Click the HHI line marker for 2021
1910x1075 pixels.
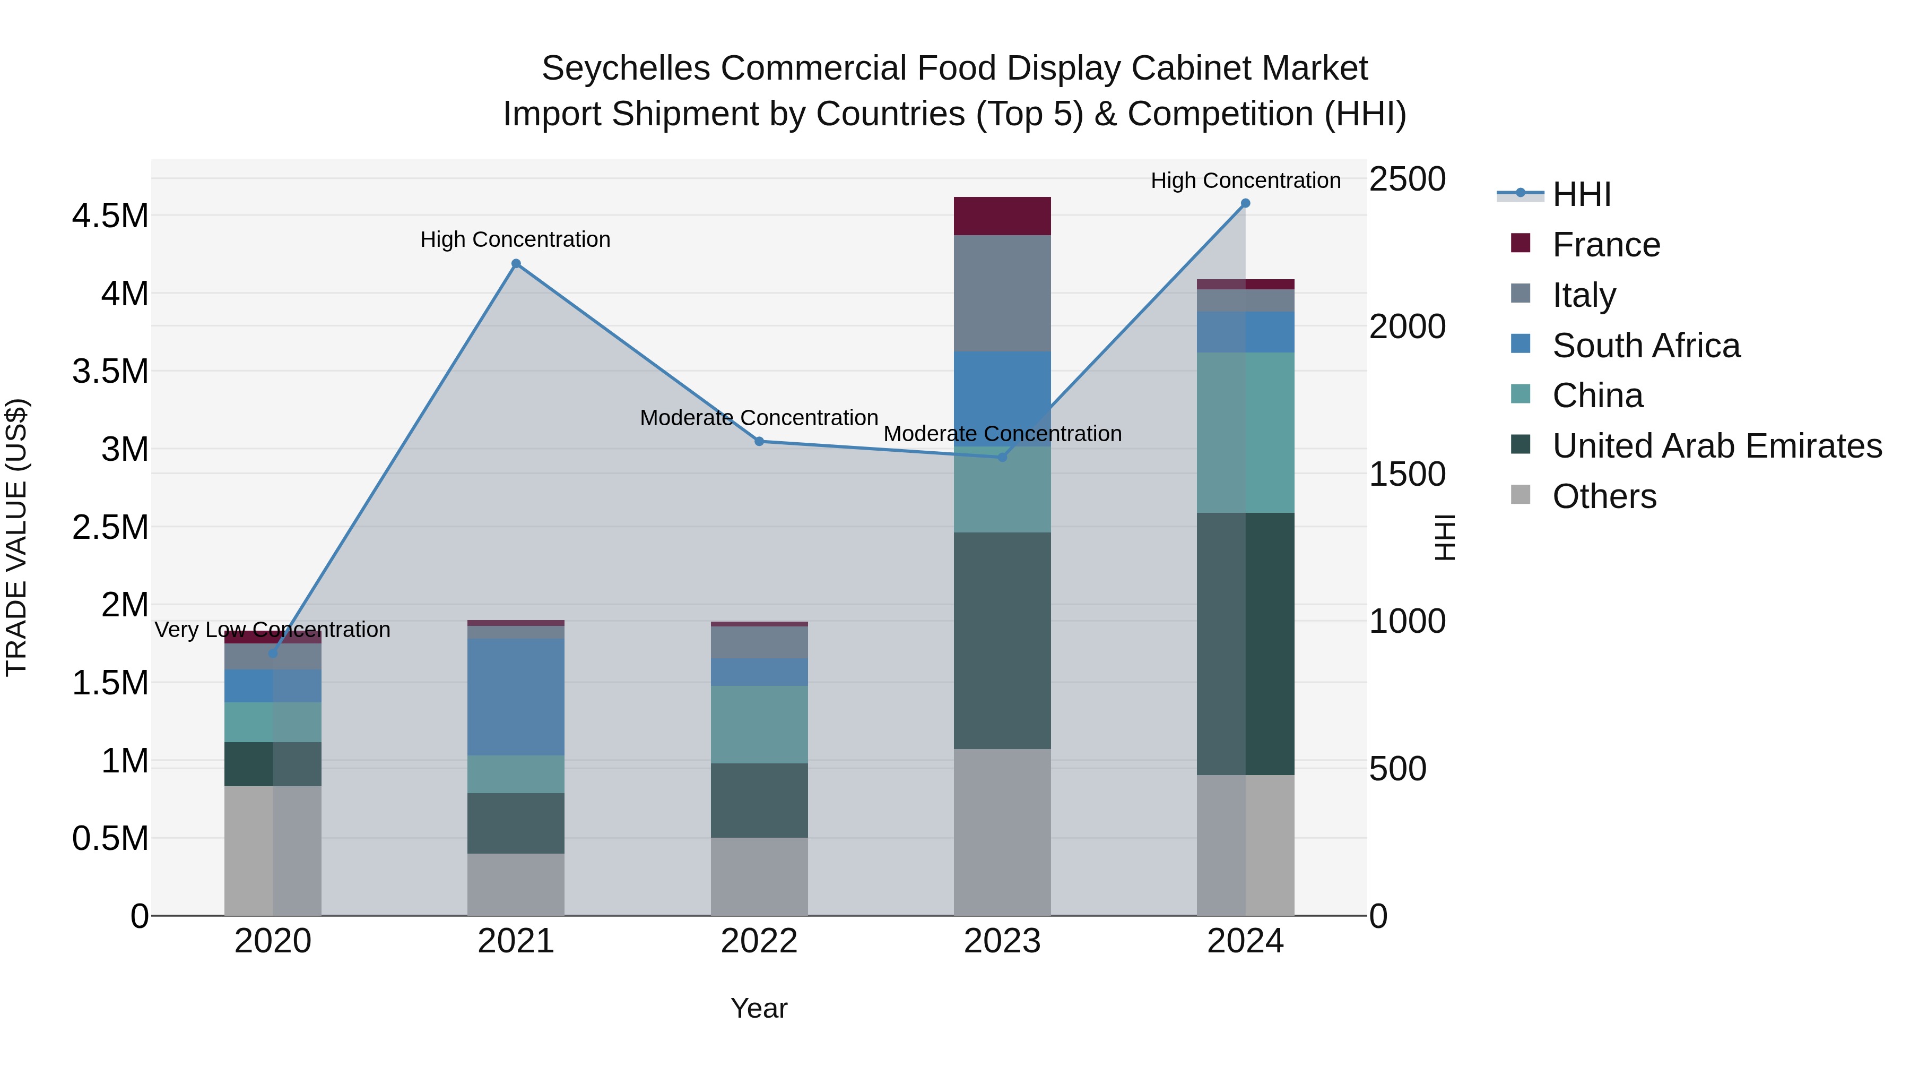click(516, 263)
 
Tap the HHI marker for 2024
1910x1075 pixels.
click(1245, 203)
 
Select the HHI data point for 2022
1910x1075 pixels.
click(759, 442)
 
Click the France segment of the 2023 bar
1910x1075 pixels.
click(1002, 216)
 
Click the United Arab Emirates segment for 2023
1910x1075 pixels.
click(1002, 640)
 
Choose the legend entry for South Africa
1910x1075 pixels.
click(1645, 346)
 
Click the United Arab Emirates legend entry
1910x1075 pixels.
click(1716, 446)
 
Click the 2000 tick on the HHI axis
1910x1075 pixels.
click(1407, 326)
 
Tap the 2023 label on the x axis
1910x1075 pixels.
click(1002, 941)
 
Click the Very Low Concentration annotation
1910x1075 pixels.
click(272, 630)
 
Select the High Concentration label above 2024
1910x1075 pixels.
click(1245, 180)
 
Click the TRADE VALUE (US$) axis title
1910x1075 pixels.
click(16, 537)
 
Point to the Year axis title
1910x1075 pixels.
click(759, 1008)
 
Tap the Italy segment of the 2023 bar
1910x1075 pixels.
click(1002, 293)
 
